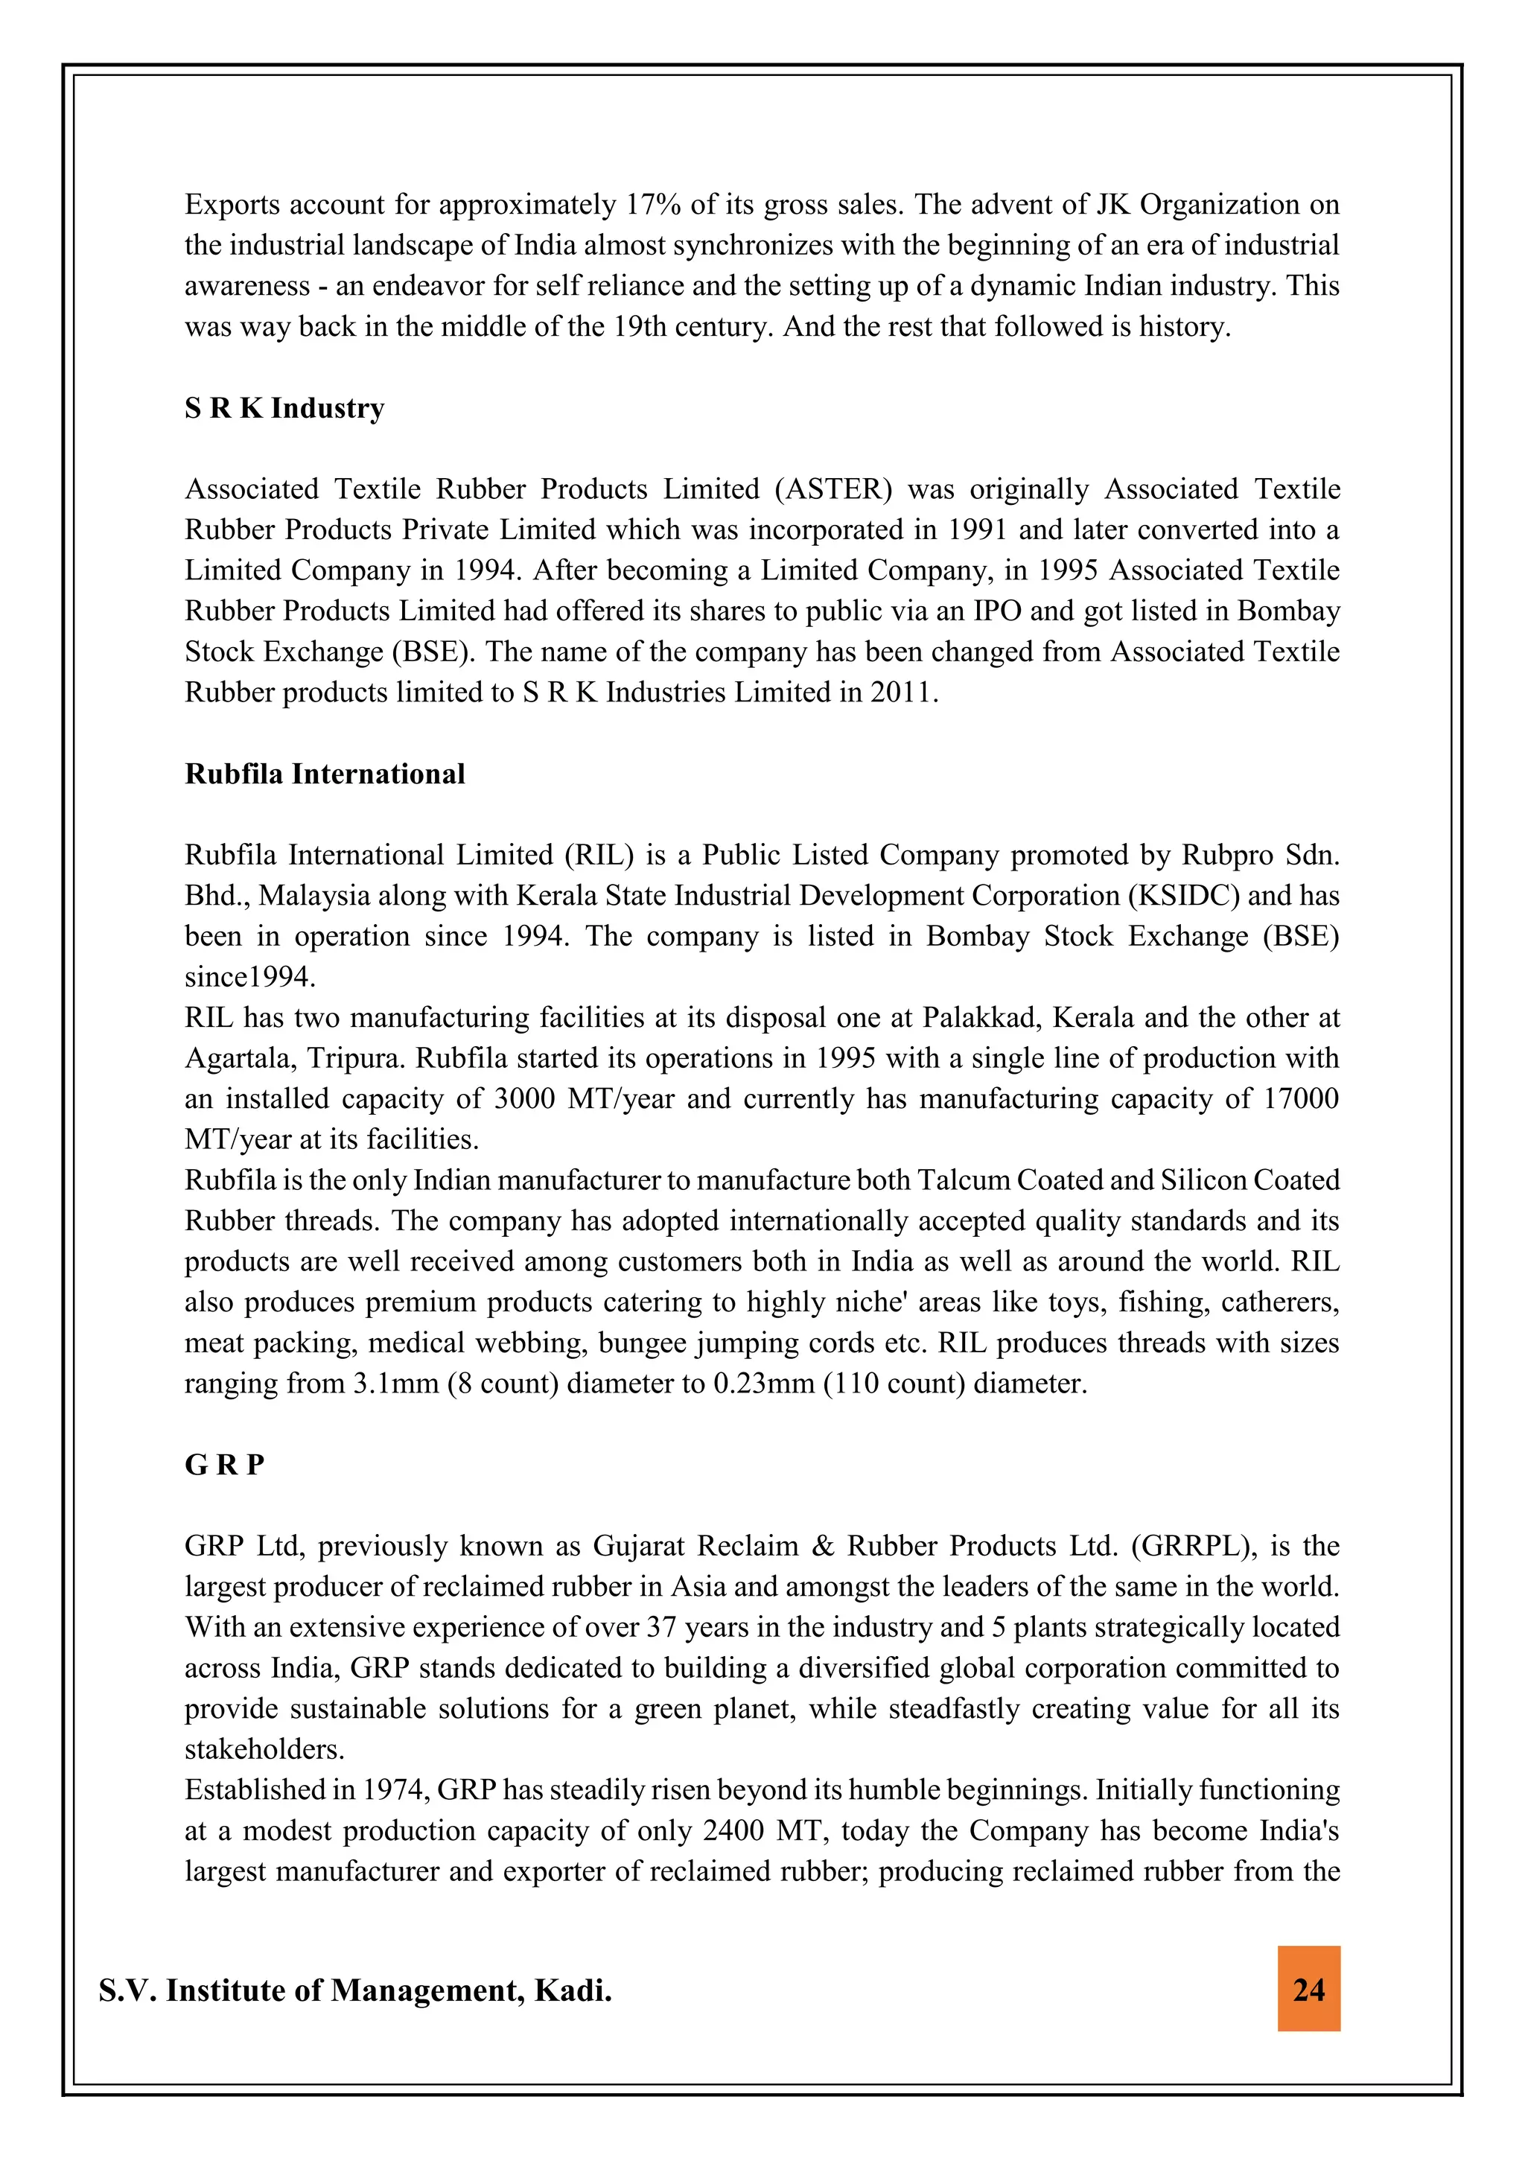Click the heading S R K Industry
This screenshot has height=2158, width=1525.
point(284,408)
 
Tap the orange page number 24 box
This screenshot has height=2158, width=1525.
point(1308,1989)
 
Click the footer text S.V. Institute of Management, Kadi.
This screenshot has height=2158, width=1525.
point(354,1990)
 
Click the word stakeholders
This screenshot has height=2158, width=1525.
point(264,1749)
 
